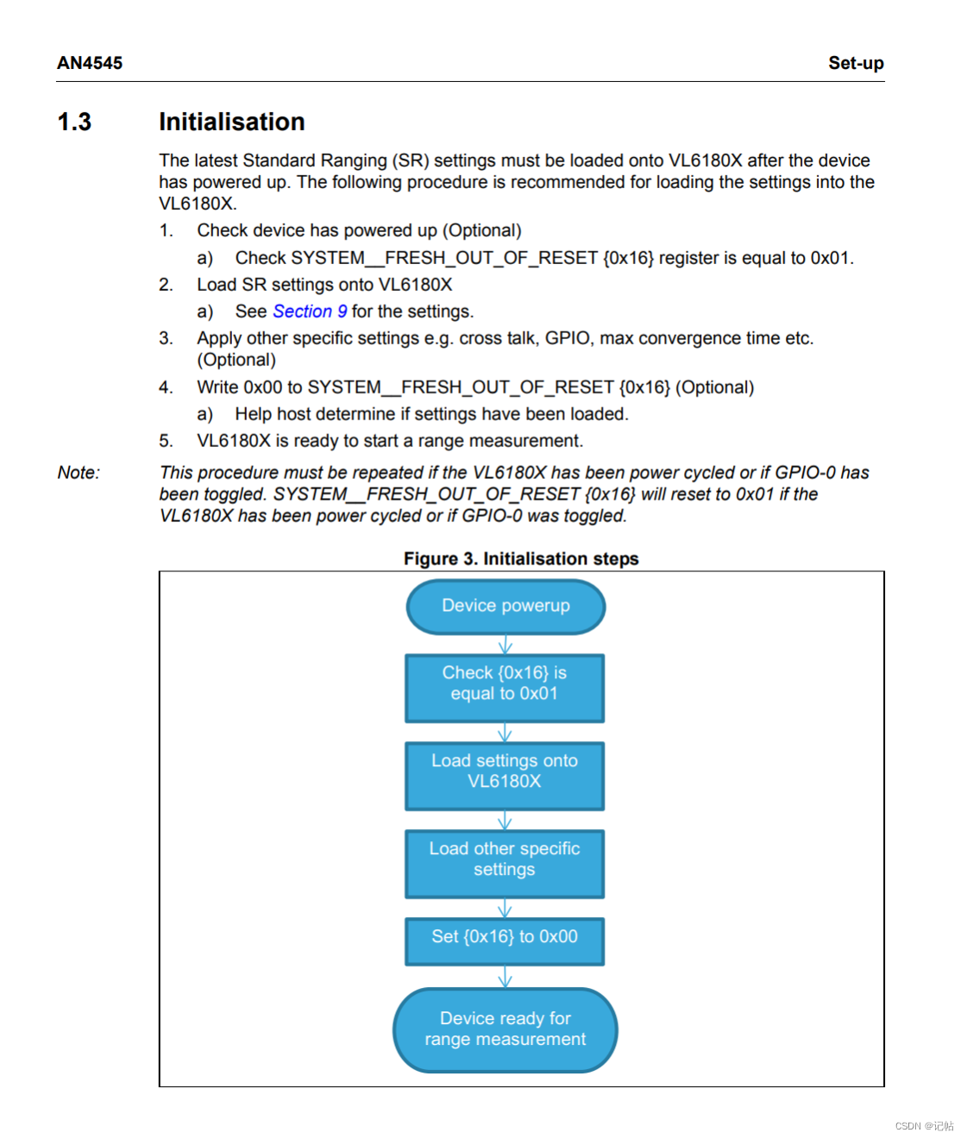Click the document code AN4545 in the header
pos(90,63)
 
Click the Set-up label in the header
pos(856,63)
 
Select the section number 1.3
pos(74,122)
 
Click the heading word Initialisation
pos(231,122)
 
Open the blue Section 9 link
pos(310,311)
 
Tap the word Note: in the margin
pos(78,473)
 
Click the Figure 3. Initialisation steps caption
pos(521,559)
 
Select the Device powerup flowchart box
pos(505,606)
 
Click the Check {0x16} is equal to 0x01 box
pos(505,688)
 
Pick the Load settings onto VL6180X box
pos(505,776)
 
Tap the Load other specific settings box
pos(505,864)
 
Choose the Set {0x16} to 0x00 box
pos(505,941)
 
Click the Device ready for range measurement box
pos(505,1030)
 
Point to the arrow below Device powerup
pos(505,645)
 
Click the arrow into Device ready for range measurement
pos(505,977)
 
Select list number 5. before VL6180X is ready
pos(166,441)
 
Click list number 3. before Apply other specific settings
pos(166,338)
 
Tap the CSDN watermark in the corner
pos(924,1126)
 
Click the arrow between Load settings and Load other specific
pos(505,820)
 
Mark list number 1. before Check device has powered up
pos(166,230)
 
